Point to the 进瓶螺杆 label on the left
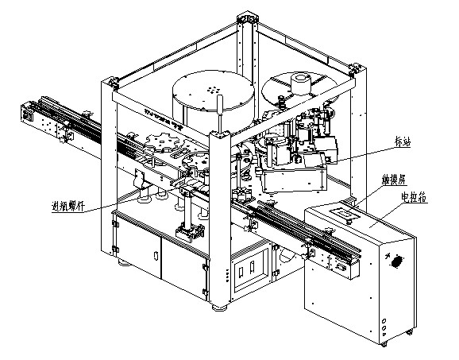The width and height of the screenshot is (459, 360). (x=68, y=209)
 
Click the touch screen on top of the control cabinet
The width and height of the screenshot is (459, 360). (x=344, y=213)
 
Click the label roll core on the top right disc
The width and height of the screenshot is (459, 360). (x=301, y=83)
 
